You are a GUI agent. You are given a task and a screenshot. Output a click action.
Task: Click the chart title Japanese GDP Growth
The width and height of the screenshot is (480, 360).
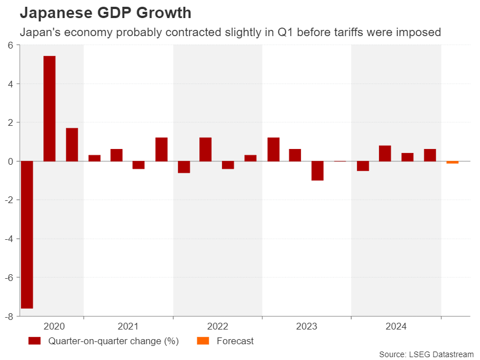(105, 12)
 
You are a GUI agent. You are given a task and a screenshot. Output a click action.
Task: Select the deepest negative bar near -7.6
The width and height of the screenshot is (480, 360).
(27, 235)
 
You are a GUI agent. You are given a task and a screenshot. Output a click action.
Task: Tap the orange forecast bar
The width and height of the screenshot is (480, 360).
(452, 163)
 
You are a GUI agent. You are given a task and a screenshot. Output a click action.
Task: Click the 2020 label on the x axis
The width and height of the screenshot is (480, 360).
(54, 326)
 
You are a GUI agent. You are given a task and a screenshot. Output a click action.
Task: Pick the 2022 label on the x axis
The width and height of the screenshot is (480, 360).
(217, 326)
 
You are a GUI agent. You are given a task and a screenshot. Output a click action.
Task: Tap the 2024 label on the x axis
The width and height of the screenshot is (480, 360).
(396, 326)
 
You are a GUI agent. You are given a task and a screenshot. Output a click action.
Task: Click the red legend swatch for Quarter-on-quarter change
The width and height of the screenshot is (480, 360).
(34, 341)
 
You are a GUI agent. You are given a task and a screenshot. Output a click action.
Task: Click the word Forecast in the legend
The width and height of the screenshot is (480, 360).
(235, 341)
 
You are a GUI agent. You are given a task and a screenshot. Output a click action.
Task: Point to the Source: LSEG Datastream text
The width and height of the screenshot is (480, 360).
(427, 354)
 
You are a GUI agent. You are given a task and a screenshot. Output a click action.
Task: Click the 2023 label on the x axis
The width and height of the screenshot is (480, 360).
(307, 326)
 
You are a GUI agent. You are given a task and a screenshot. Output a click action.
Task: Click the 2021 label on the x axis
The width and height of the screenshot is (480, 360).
(128, 326)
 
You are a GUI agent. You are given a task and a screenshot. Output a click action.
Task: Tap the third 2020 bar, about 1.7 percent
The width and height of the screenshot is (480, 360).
(72, 144)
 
